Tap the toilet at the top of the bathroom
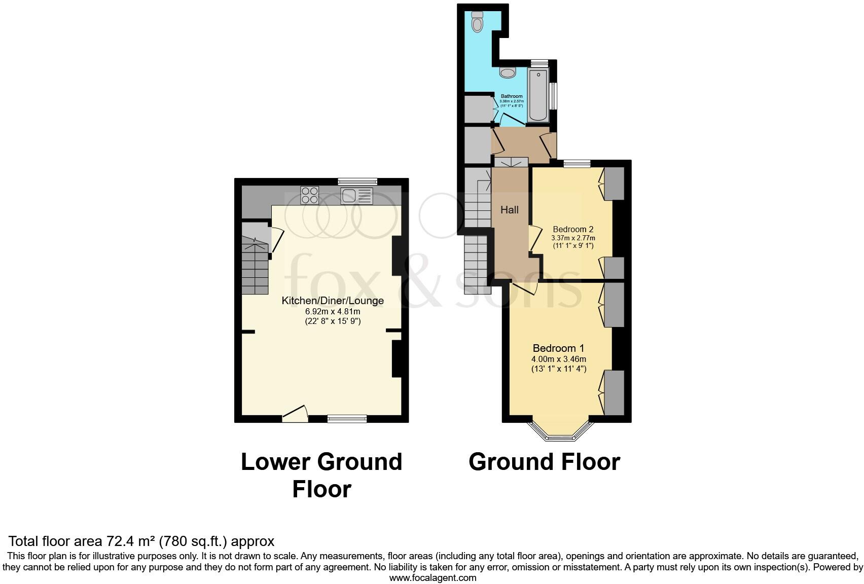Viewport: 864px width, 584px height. pos(477,22)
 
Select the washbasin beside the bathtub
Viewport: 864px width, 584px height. pos(508,72)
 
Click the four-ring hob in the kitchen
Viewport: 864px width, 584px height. pos(310,195)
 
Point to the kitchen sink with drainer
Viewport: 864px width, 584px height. pos(356,195)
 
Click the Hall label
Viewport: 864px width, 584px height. pos(510,210)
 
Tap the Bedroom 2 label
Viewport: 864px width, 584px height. pos(573,229)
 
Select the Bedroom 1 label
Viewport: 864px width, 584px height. pos(558,348)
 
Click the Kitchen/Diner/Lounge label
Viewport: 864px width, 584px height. pos(333,301)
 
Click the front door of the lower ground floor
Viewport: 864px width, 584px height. pos(295,415)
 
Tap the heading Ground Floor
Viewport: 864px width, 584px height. pos(544,462)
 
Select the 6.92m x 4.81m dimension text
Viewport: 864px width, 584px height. pos(333,311)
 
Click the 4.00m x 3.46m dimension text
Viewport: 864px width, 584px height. pos(558,359)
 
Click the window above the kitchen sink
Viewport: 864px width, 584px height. pos(357,181)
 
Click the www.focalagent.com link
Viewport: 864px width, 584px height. pos(433,577)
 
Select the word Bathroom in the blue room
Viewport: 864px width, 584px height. pos(512,96)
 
